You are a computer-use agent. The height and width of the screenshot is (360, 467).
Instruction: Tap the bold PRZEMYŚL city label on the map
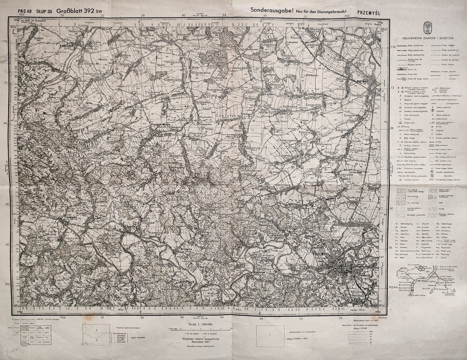[x=321, y=254]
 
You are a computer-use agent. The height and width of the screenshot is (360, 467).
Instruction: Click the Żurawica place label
[x=353, y=218]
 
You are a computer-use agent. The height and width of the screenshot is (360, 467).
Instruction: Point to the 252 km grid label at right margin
[x=395, y=287]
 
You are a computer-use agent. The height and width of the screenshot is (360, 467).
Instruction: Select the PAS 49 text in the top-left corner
[x=25, y=12]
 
